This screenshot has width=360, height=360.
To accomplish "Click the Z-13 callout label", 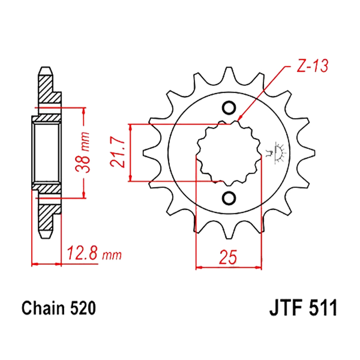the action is coord(312,66).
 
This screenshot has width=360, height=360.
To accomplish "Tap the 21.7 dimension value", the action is coord(117,153).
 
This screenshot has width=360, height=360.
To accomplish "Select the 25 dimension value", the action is coord(228,257).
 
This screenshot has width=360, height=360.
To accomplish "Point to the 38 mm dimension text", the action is coord(82,152).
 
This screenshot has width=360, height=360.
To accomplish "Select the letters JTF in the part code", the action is coord(287,308).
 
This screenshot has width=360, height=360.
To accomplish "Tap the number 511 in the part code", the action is coord(324,308).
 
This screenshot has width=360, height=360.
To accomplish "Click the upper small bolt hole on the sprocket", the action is coord(229,107).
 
